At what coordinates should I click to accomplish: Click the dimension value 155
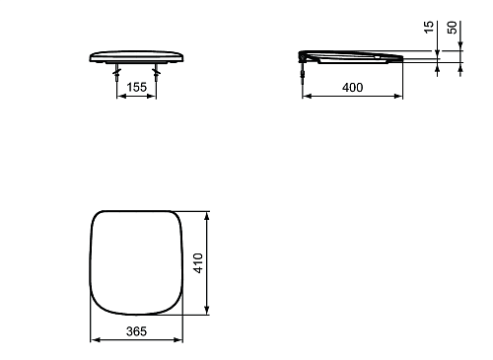[x=136, y=87]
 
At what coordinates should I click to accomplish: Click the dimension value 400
[x=353, y=88]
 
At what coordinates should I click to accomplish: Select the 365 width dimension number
[x=136, y=331]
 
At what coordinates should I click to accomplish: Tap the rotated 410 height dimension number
[x=198, y=263]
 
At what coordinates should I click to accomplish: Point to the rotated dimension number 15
[x=429, y=27]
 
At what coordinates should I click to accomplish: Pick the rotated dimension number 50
[x=453, y=28]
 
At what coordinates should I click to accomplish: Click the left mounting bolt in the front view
[x=116, y=73]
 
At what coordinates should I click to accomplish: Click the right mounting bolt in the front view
[x=156, y=73]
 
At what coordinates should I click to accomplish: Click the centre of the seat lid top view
[x=136, y=262]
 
